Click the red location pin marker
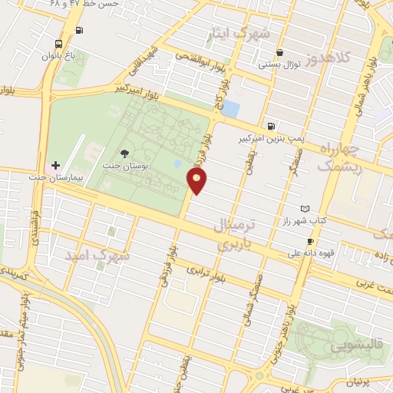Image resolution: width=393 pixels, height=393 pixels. point(197,181)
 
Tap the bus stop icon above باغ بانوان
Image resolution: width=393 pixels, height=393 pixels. point(60,44)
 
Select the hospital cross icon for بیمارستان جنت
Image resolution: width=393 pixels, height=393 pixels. point(55,165)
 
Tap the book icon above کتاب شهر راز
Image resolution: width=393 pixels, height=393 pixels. point(305,209)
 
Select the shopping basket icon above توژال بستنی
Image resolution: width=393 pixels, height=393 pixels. point(279,54)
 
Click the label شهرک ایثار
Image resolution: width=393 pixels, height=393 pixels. point(239,34)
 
